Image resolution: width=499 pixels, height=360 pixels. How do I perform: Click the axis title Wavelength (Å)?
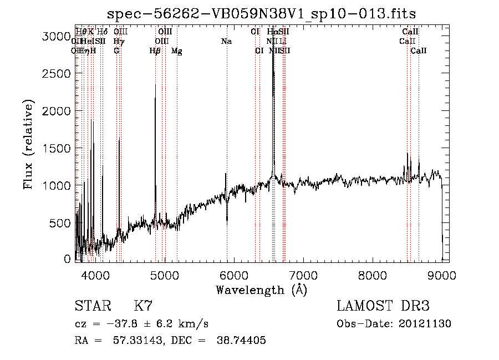point(261,290)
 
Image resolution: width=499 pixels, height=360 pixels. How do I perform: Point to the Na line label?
point(226,41)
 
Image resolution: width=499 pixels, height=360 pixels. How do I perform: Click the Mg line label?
point(176,51)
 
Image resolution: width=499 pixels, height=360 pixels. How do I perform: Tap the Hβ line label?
point(155,51)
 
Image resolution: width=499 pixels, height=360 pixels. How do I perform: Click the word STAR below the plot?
point(91,306)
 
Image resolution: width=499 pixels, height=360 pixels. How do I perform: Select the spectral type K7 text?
point(143,306)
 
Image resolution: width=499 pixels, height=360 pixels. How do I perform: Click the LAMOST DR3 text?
point(383,306)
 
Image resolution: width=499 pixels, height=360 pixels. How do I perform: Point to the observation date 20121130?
point(427,323)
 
